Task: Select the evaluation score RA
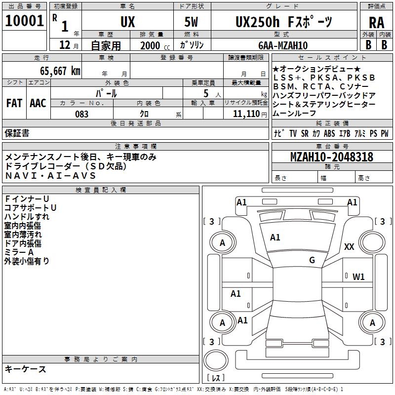(x=376, y=23)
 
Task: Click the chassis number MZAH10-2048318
(x=331, y=157)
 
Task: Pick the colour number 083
(x=82, y=114)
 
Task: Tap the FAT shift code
(x=14, y=103)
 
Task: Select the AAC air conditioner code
(x=38, y=103)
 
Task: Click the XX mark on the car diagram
(x=349, y=246)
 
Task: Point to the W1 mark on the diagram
(x=358, y=276)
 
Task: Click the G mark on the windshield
(x=312, y=260)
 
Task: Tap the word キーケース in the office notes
(x=25, y=369)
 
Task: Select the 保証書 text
(x=17, y=133)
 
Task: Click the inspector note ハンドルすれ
(x=27, y=217)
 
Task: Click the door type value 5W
(x=191, y=22)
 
